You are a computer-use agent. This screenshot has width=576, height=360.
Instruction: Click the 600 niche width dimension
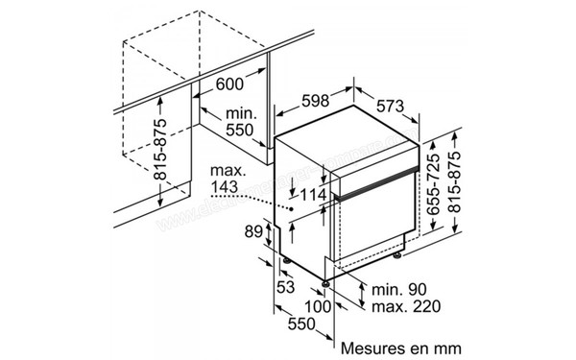[229, 84]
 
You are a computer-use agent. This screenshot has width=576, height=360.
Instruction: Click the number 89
[253, 231]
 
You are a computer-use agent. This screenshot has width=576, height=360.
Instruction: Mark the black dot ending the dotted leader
[291, 206]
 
